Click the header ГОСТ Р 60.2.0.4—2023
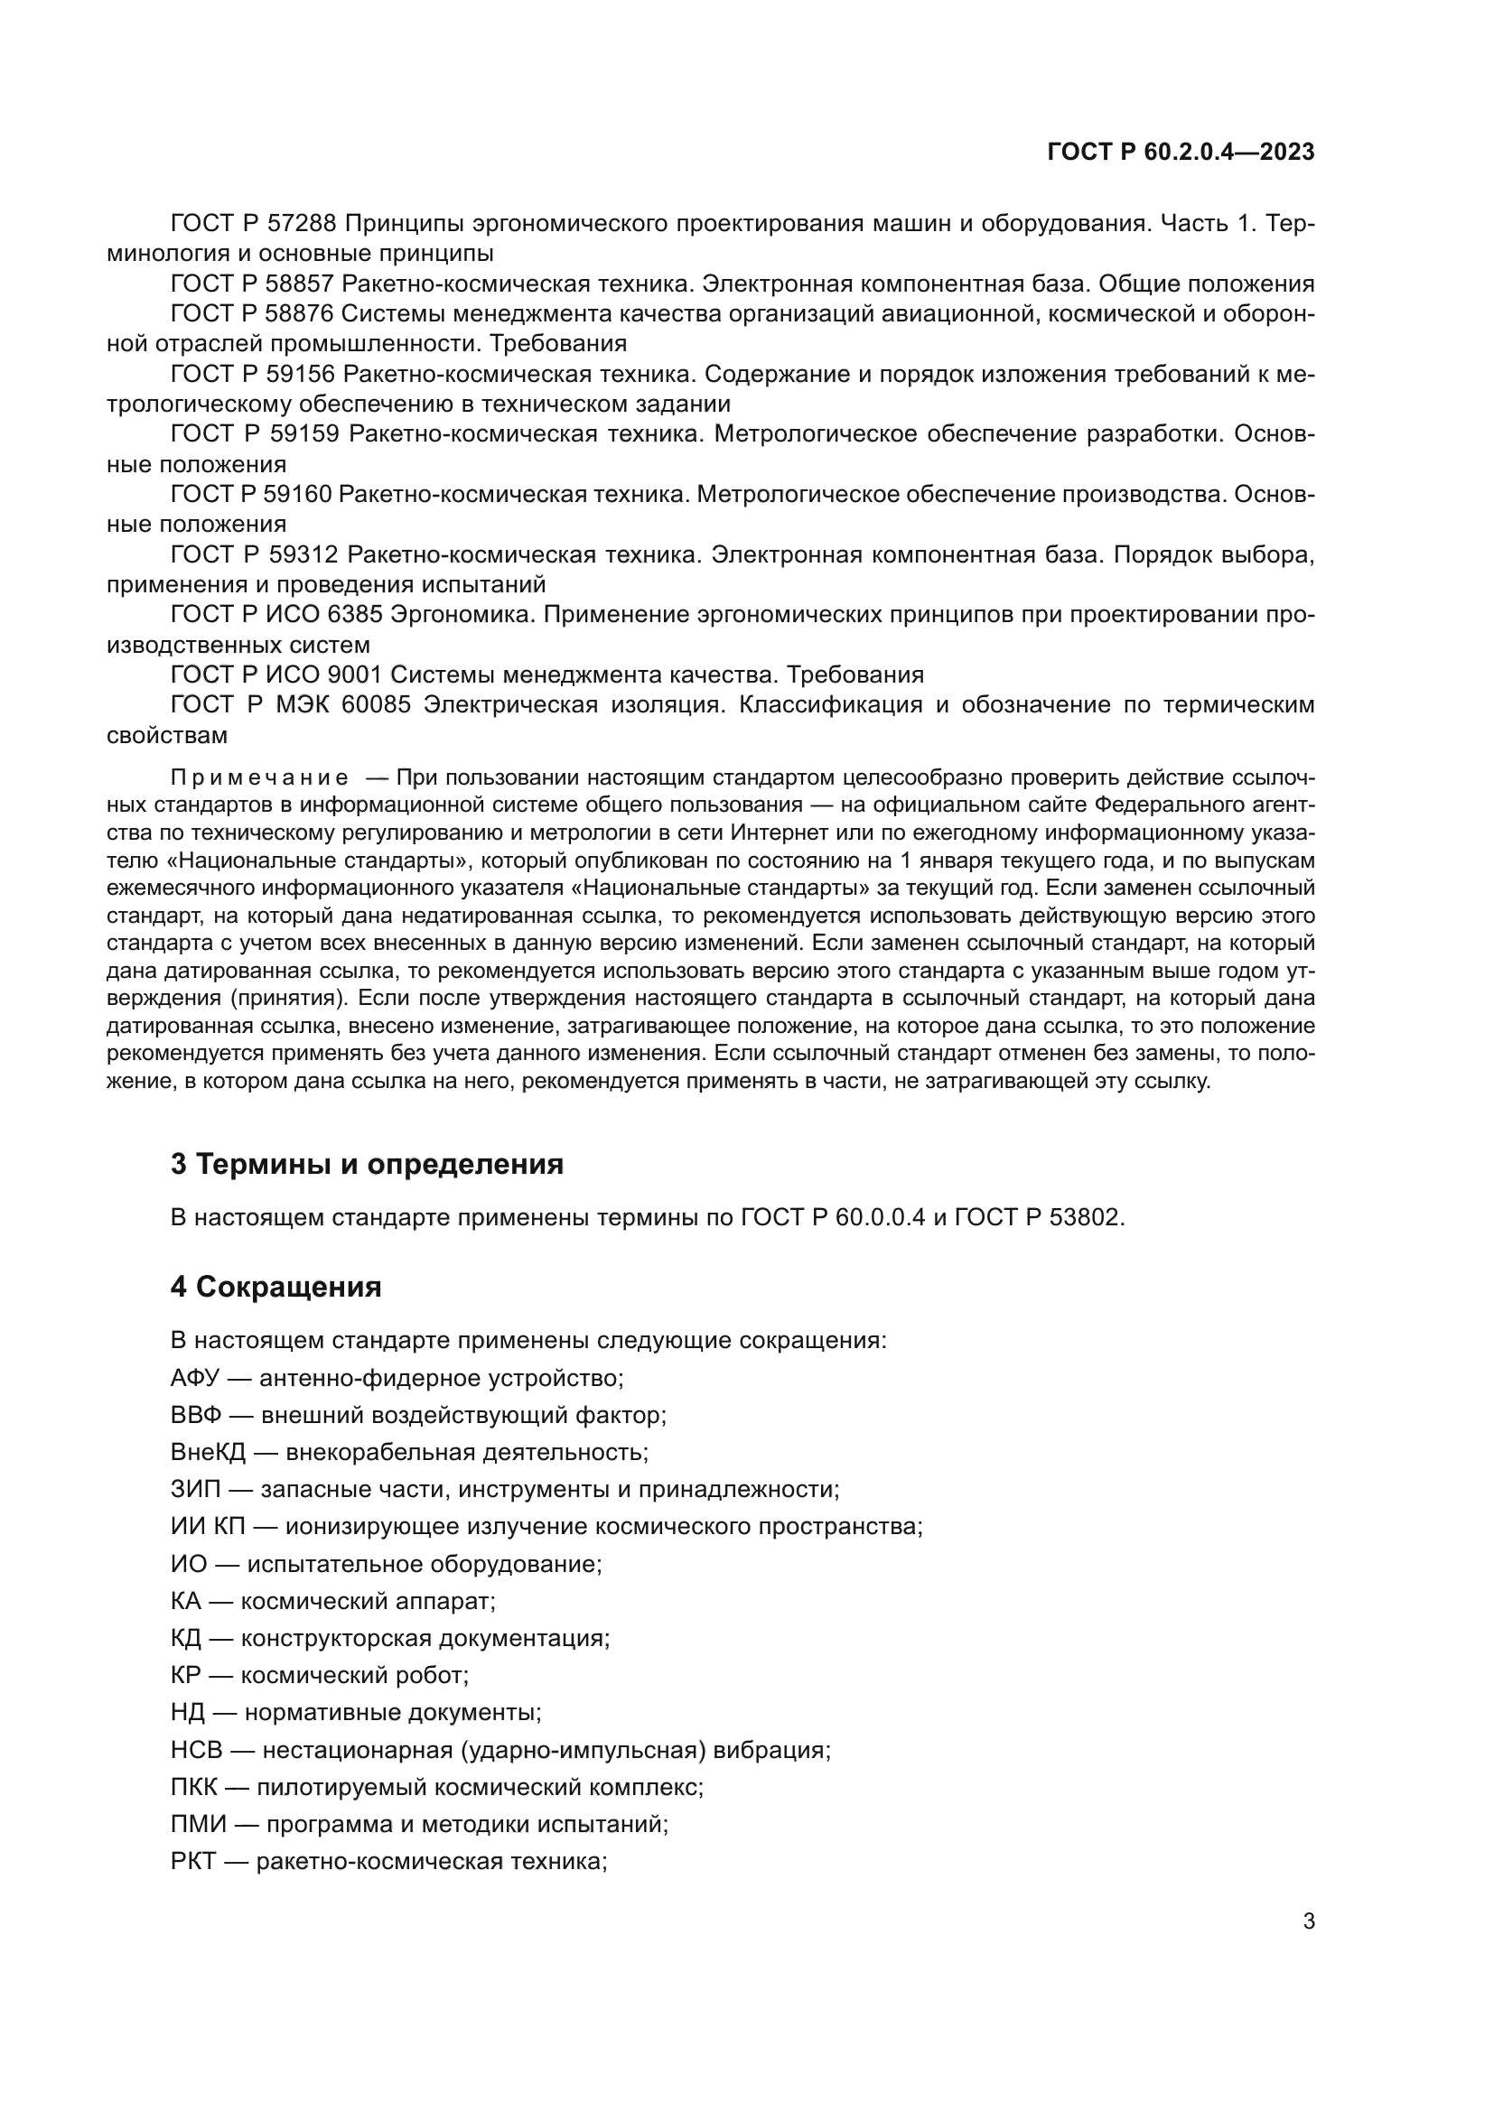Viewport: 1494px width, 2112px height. [1181, 153]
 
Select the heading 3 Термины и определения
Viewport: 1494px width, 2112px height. [366, 1164]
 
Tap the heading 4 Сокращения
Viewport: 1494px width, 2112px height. [275, 1286]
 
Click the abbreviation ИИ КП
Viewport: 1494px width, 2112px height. [208, 1526]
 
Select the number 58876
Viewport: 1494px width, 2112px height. [300, 313]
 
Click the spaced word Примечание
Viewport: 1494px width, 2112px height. [259, 777]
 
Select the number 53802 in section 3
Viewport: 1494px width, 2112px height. [1084, 1217]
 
